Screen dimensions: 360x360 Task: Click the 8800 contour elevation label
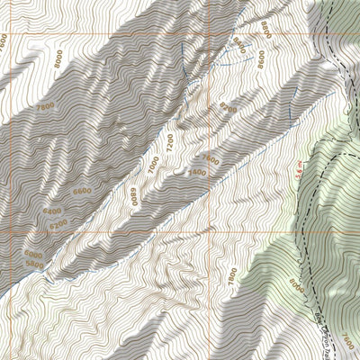tap(266, 28)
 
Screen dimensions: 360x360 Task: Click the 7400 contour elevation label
tap(195, 172)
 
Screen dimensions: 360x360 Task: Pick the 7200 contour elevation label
tap(167, 142)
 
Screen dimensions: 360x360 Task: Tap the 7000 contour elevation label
tap(153, 165)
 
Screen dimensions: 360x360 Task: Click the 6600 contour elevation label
tap(83, 191)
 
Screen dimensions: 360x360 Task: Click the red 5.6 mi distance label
tap(299, 170)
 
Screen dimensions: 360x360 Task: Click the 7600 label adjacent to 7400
tap(211, 159)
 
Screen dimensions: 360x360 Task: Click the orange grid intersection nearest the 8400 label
tap(211, 33)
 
